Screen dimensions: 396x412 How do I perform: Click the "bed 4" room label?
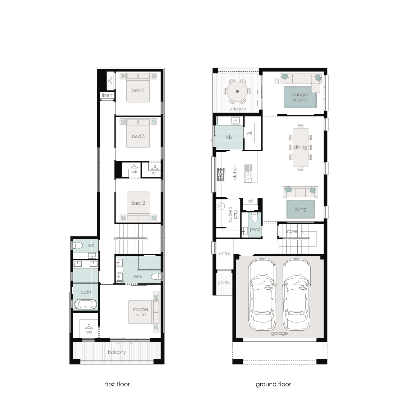[138, 90]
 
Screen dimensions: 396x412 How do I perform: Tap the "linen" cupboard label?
[107, 95]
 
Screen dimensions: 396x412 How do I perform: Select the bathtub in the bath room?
[86, 304]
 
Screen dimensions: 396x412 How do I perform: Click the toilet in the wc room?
[78, 245]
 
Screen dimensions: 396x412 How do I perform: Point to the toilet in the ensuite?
[156, 276]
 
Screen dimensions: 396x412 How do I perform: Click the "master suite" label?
[141, 312]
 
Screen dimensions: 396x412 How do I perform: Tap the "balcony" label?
[117, 352]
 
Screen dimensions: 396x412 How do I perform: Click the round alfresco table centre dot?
[237, 91]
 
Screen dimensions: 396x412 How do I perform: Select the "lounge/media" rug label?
[300, 97]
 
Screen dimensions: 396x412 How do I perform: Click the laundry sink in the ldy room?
[235, 121]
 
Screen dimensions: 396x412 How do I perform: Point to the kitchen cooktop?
[221, 175]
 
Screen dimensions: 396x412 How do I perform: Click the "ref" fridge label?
[250, 201]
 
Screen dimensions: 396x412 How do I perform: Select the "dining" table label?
[300, 147]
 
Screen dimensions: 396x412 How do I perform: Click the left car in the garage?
[262, 294]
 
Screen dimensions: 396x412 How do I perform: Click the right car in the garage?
[296, 294]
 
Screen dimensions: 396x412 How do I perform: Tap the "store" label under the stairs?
[291, 231]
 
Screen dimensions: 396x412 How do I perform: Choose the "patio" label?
[224, 283]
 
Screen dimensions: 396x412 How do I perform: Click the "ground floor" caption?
[273, 384]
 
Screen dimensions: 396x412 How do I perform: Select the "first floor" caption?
[117, 384]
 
